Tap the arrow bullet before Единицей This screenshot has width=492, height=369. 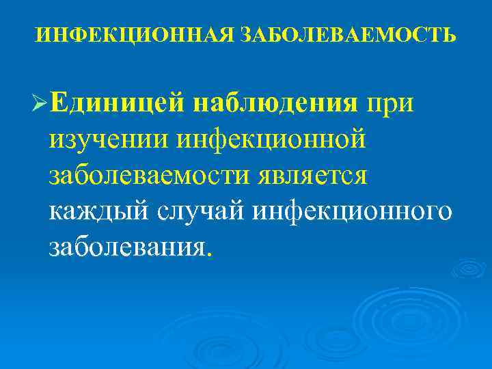(x=39, y=105)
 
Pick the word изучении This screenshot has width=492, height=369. (x=107, y=140)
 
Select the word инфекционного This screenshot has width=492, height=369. (x=352, y=210)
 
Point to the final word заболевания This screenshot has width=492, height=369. (x=126, y=245)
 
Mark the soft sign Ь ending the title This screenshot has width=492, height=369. (x=450, y=33)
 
